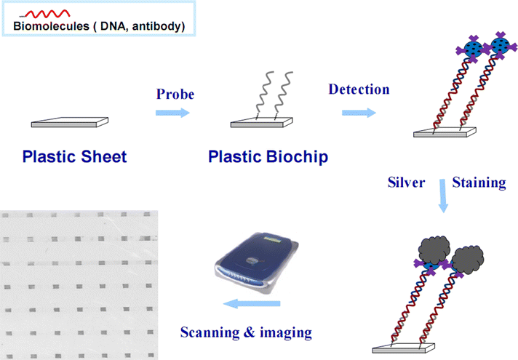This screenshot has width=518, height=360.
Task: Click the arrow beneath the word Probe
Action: [x=172, y=113]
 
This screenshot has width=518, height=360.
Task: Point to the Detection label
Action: [x=359, y=89]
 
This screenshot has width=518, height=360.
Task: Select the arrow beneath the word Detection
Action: [x=359, y=113]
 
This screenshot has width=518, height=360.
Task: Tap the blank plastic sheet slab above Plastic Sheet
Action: [x=65, y=124]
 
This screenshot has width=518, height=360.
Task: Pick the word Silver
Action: [x=405, y=183]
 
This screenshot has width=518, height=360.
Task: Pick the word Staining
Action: [x=479, y=183]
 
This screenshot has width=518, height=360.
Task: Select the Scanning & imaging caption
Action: [x=246, y=333]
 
